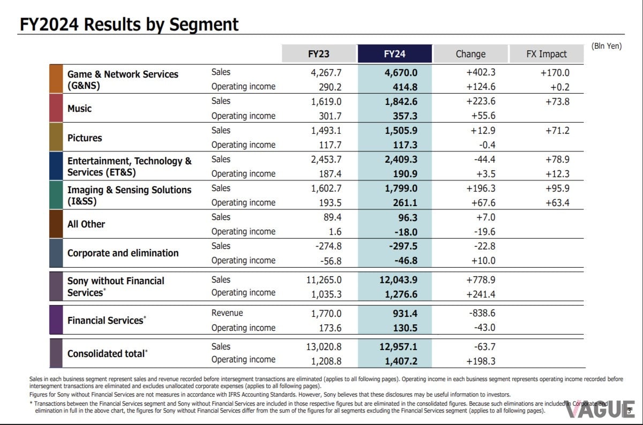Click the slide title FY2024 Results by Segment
point(129,25)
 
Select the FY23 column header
point(319,54)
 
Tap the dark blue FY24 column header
point(395,54)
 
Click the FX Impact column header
point(546,54)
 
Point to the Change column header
point(470,54)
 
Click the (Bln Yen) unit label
point(607,46)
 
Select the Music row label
point(79,109)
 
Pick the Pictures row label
point(84,138)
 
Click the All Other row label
point(86,224)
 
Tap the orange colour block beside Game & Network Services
point(56,79)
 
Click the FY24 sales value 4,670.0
point(401,72)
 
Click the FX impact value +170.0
point(555,72)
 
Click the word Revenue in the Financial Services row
point(227,313)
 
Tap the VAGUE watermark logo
point(599,409)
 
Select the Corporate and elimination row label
point(123,253)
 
